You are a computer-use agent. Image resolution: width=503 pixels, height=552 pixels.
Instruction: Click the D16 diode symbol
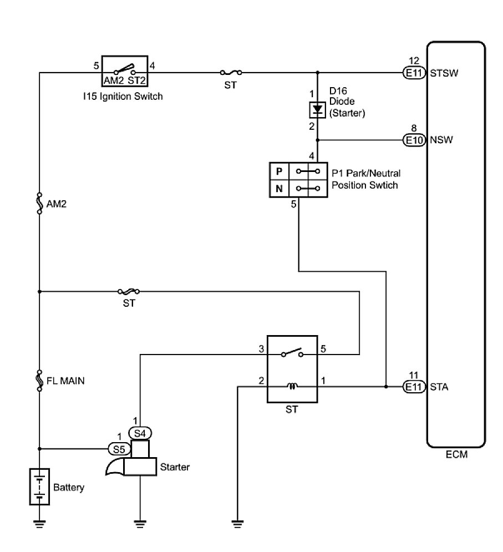tap(317, 110)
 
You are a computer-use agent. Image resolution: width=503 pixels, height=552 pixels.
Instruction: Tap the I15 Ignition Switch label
tap(123, 97)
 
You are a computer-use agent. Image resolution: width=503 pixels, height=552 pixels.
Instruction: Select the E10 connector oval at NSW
tap(414, 140)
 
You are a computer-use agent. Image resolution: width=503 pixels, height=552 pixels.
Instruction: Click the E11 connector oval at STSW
tap(414, 73)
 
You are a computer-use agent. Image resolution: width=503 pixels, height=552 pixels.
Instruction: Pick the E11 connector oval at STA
tap(414, 387)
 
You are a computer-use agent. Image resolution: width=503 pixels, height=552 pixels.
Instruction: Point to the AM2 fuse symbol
tap(39, 203)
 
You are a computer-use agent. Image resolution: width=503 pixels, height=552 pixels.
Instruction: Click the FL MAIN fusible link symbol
tap(39, 380)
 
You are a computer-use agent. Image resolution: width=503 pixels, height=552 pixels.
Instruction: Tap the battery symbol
tap(39, 487)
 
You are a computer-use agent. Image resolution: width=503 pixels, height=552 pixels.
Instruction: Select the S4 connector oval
tap(140, 433)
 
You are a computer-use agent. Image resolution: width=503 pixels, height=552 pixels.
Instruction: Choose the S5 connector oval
tap(119, 449)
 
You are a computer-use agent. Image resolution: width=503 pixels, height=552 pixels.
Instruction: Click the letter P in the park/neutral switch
tap(279, 171)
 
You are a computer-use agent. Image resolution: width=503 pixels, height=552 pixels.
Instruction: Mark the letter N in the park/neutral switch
tap(279, 189)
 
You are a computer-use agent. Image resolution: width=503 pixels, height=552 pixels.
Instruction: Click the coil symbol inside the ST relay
tap(292, 386)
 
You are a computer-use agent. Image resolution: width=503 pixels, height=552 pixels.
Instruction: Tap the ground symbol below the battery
tap(39, 524)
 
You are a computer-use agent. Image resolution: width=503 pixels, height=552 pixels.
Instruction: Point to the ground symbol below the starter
tap(140, 524)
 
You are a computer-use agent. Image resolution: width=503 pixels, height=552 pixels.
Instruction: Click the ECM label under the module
tap(456, 454)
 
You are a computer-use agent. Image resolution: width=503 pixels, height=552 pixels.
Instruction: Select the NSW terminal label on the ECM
tap(441, 140)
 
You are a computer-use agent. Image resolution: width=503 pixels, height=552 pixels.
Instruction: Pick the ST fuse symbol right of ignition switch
tap(231, 73)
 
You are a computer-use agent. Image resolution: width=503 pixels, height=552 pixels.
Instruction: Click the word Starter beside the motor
tap(175, 467)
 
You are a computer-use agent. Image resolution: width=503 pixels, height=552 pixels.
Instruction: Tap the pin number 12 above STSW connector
tap(414, 61)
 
